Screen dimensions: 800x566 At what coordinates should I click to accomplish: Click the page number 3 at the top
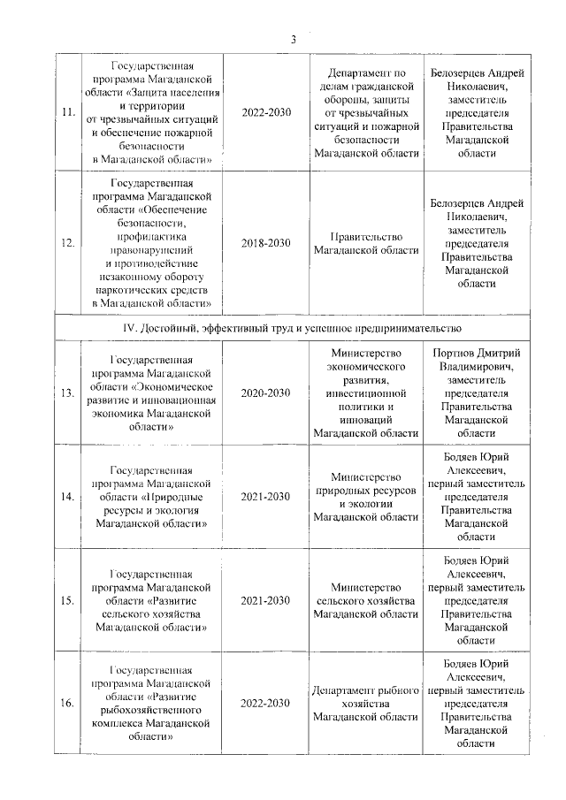[294, 39]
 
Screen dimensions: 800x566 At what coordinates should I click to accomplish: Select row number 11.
[66, 112]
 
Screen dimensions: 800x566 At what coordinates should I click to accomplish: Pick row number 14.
[66, 497]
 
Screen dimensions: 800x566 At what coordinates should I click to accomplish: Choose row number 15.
[66, 600]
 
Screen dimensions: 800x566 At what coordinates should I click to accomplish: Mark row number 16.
[66, 704]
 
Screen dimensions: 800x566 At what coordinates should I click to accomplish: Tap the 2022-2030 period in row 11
[265, 112]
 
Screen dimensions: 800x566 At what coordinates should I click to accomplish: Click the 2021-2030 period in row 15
[265, 600]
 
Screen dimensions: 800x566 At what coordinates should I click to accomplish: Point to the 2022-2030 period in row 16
[265, 704]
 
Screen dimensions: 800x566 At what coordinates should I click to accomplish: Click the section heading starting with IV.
[293, 327]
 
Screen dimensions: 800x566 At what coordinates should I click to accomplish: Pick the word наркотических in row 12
[156, 289]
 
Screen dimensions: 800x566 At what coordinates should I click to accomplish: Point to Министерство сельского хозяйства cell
[366, 600]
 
